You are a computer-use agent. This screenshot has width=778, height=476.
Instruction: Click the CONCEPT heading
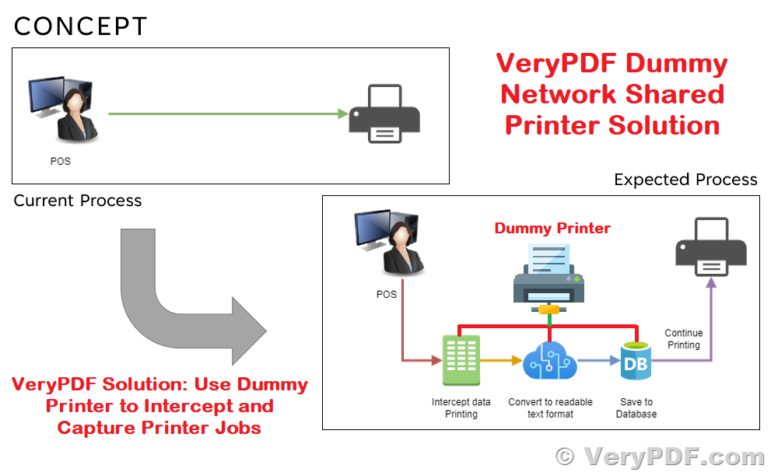(x=80, y=26)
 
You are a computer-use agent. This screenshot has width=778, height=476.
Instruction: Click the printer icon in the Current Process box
(x=384, y=114)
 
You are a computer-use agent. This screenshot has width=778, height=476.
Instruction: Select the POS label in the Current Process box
(x=60, y=162)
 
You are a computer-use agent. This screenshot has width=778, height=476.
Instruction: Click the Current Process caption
(x=78, y=201)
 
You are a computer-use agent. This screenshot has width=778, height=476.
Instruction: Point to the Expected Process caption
(x=685, y=180)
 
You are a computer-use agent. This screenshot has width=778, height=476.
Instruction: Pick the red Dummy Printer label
(x=552, y=228)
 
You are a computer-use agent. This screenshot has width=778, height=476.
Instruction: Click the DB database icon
(x=634, y=362)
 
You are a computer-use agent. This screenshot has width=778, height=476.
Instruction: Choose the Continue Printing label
(x=684, y=339)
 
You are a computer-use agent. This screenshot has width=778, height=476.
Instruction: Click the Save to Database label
(x=636, y=408)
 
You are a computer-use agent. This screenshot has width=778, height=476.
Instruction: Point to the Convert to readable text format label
(x=550, y=408)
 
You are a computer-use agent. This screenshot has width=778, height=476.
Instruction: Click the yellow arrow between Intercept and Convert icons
(x=501, y=361)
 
